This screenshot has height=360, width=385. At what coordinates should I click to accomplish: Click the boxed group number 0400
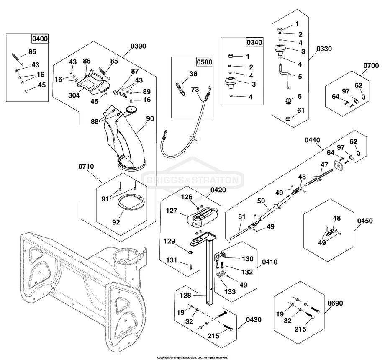click(40, 39)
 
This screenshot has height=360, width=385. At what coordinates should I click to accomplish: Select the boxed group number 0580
click(205, 62)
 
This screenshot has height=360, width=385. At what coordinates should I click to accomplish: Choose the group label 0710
click(86, 167)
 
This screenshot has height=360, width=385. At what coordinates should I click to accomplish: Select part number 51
click(241, 216)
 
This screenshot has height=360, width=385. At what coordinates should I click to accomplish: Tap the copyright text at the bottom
click(192, 357)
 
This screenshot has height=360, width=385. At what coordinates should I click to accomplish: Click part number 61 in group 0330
click(301, 111)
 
